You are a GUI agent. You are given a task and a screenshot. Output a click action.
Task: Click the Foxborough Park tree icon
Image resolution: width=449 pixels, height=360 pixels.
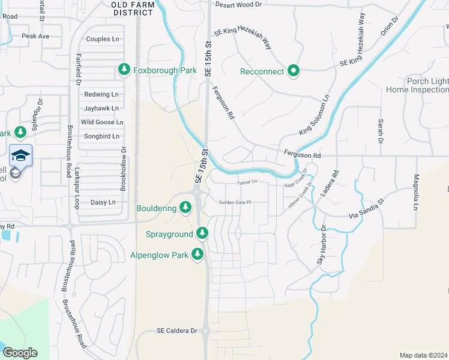124,70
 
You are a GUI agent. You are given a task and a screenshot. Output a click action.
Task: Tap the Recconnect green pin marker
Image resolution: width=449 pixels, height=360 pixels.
294,71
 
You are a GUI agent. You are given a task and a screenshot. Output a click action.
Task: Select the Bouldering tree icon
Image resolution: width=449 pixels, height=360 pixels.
185,208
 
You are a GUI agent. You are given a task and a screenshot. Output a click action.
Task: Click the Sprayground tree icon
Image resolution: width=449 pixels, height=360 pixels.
202,233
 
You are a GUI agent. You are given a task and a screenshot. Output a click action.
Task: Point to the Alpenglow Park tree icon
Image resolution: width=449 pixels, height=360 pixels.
197,254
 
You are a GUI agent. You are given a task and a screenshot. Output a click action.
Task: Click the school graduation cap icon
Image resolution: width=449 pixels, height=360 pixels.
20,155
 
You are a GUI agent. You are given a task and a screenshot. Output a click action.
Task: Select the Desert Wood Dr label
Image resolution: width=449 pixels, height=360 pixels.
239,4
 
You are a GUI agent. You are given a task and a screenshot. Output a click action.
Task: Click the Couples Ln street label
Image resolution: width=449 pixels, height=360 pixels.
103,39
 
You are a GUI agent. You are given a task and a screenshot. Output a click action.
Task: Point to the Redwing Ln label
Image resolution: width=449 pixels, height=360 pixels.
101,94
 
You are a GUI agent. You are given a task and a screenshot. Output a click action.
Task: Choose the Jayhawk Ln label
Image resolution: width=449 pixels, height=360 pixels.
101,109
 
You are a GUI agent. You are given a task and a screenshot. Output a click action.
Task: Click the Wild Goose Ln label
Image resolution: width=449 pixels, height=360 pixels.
102,122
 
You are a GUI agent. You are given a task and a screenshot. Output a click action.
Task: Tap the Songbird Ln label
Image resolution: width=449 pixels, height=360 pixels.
102,136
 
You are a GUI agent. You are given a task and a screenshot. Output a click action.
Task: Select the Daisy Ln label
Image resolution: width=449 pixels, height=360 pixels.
103,202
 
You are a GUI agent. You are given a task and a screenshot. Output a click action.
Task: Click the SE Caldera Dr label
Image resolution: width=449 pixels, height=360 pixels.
177,331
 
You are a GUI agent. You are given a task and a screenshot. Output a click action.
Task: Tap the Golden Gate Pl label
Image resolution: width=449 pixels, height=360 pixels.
234,202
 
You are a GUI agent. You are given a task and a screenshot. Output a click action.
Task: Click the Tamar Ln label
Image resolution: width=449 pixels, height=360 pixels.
247,182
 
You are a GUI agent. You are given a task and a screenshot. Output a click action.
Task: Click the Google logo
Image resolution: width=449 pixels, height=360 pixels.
20,353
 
